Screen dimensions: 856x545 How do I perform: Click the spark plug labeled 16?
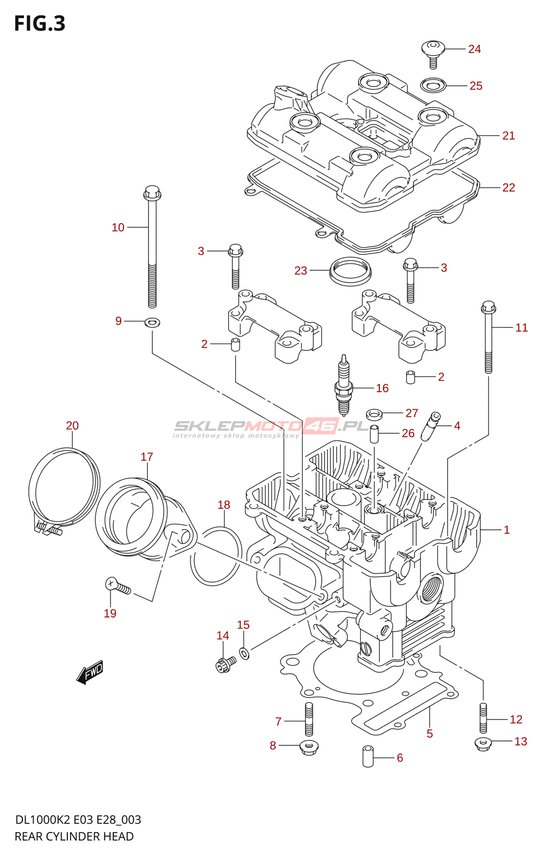(x=343, y=386)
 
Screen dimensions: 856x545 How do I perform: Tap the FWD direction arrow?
(x=90, y=671)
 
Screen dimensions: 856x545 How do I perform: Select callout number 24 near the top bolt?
(x=474, y=49)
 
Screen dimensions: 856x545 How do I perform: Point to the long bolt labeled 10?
(x=152, y=246)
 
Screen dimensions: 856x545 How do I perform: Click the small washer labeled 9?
(x=152, y=322)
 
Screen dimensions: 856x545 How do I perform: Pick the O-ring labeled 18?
(x=216, y=556)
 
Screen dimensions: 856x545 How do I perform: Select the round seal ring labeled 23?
(x=350, y=271)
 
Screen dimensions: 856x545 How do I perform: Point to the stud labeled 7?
(x=308, y=720)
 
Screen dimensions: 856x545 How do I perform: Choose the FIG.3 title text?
(x=40, y=24)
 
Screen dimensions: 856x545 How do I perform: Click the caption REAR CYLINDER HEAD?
(x=74, y=836)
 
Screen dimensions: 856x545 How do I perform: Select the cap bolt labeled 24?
(x=433, y=53)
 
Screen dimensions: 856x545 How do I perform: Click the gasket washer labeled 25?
(x=433, y=85)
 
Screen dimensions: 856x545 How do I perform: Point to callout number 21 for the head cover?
(x=508, y=136)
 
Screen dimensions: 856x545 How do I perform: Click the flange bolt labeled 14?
(x=224, y=664)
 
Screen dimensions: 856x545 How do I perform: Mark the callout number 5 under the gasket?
(x=430, y=733)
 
